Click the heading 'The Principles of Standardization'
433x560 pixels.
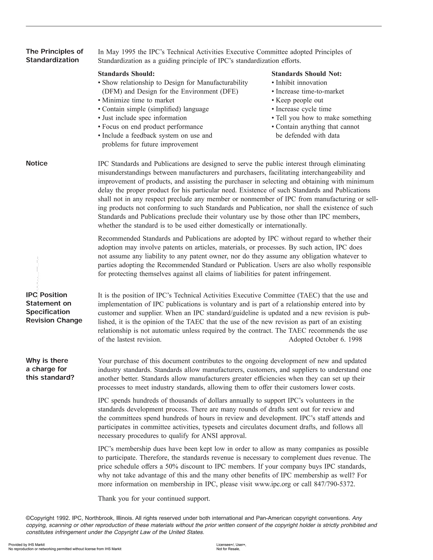54,55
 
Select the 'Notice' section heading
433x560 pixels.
37,163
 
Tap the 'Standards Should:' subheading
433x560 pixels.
126,74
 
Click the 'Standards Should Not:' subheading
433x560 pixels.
307,74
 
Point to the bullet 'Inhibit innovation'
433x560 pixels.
301,83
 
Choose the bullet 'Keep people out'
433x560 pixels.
299,100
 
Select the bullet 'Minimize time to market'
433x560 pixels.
138,100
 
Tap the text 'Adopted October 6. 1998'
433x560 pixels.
325,340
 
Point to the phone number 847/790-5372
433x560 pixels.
334,484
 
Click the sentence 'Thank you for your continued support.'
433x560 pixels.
154,499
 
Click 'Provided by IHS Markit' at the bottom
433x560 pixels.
27,545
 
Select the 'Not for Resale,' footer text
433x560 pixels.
228,549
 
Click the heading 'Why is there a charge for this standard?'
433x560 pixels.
50,369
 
